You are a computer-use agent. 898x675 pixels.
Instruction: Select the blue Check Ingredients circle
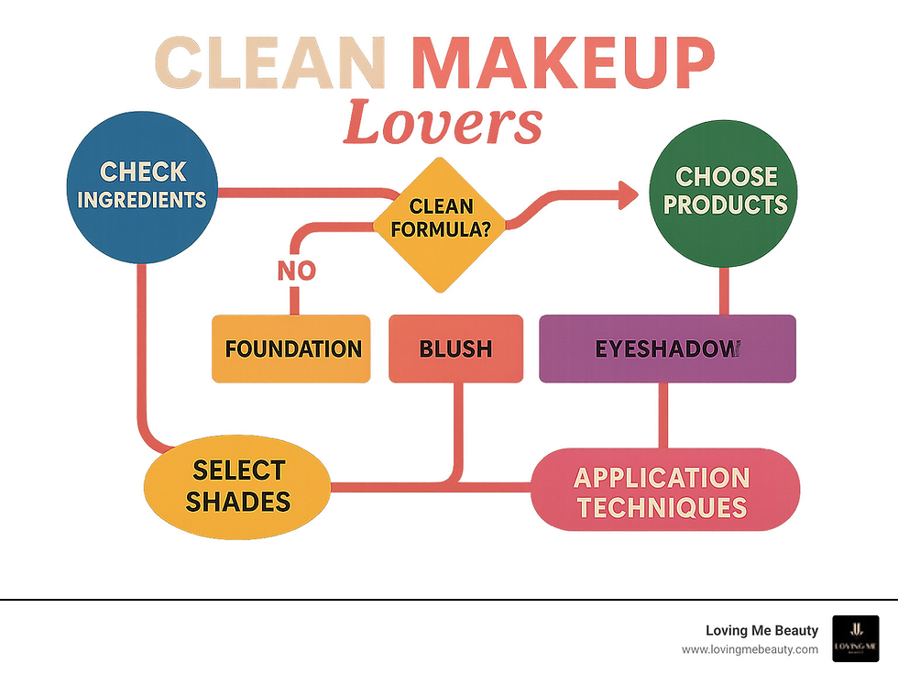point(143,185)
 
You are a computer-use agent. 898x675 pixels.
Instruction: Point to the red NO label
point(296,271)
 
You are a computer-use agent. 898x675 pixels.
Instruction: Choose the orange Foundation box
point(291,349)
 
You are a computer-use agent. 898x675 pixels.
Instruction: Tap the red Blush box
point(455,349)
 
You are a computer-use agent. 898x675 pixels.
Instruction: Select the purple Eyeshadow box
point(667,349)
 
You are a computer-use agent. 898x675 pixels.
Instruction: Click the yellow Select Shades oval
point(238,485)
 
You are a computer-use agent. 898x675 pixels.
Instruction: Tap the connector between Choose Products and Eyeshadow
point(724,292)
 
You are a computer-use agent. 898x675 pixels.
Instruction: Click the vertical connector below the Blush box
point(456,426)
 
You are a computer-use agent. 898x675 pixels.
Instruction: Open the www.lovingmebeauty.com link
point(750,649)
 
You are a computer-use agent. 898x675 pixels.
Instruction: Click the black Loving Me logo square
point(855,638)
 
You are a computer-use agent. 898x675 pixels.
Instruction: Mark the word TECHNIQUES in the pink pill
point(662,506)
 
